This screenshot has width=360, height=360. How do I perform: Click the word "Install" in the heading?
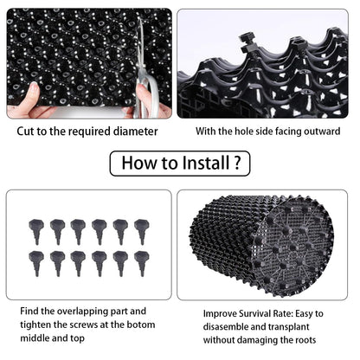click(x=206, y=163)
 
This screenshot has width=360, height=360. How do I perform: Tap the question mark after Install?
click(x=237, y=163)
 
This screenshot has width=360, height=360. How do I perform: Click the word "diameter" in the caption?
click(x=135, y=132)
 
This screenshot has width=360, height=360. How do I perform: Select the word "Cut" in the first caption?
click(x=24, y=132)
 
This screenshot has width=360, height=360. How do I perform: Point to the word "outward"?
click(x=322, y=132)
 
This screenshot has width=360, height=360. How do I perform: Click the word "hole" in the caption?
click(x=244, y=132)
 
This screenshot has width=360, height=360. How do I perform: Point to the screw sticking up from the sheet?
click(x=248, y=43)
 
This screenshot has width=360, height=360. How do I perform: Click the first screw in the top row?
click(x=36, y=231)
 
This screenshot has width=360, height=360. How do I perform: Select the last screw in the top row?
click(x=142, y=231)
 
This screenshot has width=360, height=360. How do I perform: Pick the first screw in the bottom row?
click(x=36, y=263)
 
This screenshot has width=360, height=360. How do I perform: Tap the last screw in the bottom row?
click(x=142, y=263)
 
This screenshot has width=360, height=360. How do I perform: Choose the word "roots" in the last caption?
click(x=305, y=340)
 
